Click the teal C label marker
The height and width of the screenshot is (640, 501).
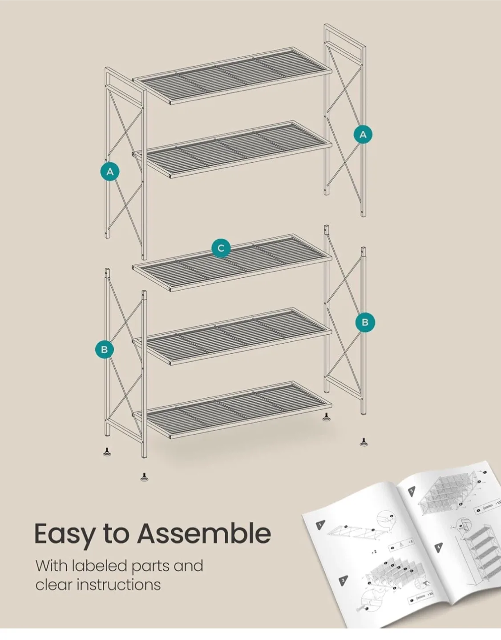click(221, 248)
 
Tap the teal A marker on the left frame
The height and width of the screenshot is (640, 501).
click(110, 171)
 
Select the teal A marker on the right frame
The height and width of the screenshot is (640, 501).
click(363, 134)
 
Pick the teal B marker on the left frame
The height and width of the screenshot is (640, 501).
click(105, 349)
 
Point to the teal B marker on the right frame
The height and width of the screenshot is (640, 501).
click(365, 322)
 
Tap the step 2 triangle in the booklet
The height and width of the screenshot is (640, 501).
click(343, 580)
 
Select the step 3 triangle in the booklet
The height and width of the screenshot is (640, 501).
click(412, 491)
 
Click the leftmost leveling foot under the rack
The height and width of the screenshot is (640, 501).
click(107, 452)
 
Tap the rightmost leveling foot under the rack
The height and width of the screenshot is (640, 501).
click(364, 442)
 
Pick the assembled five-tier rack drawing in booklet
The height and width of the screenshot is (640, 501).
click(478, 556)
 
